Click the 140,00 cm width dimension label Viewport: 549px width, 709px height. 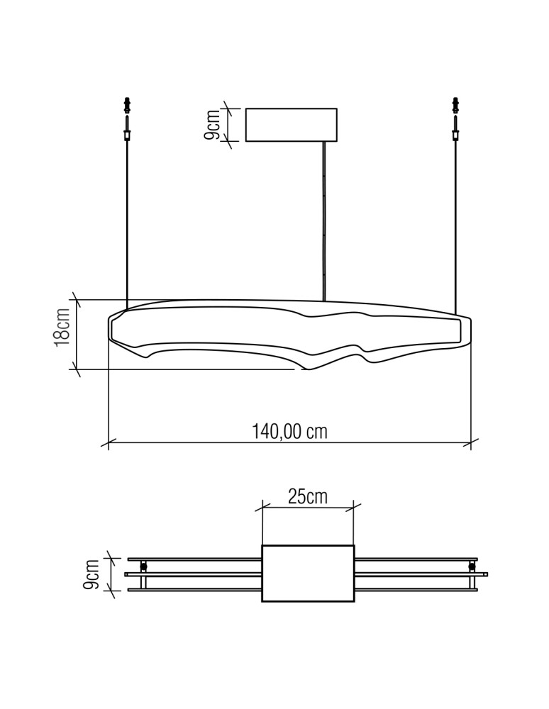pyautogui.click(x=289, y=431)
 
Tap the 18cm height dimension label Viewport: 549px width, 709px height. pyautogui.click(x=62, y=328)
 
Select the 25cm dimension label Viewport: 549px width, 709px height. pyautogui.click(x=308, y=497)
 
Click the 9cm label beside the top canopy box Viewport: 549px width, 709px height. pyautogui.click(x=211, y=125)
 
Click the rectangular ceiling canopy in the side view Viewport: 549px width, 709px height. pyautogui.click(x=292, y=125)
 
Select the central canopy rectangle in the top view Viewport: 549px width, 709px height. pyautogui.click(x=308, y=574)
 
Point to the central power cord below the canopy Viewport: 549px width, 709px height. pyautogui.click(x=323, y=220)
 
